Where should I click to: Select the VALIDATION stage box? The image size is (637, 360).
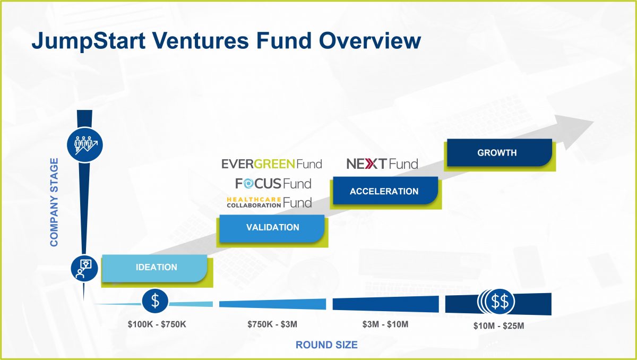tap(272, 228)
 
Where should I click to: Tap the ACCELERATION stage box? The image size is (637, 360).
tap(384, 191)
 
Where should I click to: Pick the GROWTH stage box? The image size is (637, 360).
tap(497, 153)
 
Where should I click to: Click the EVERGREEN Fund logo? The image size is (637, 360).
tap(271, 164)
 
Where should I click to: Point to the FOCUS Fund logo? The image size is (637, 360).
tap(273, 184)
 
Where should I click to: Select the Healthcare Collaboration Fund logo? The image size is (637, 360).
tap(269, 202)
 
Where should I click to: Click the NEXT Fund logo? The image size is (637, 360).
tap(382, 164)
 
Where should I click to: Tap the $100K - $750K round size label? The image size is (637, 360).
tap(157, 324)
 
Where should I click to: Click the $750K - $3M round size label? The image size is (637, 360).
tap(272, 324)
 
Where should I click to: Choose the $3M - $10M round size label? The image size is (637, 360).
tap(385, 324)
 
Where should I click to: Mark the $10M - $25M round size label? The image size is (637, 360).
tap(498, 326)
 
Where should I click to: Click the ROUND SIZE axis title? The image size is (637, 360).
tap(326, 345)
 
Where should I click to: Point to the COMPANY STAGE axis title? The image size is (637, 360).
tap(55, 202)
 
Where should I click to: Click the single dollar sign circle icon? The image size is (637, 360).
tap(155, 301)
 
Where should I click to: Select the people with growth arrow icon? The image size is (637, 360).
tap(84, 144)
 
